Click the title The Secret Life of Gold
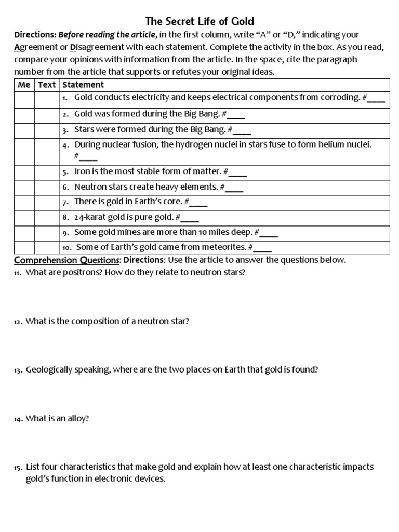199,21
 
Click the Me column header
24,85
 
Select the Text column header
47,85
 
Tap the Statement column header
83,85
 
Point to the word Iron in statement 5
83,171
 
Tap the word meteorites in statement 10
224,247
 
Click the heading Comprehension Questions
68,260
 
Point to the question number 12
18,322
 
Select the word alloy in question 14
77,418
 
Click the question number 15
18,468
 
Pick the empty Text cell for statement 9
47,233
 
